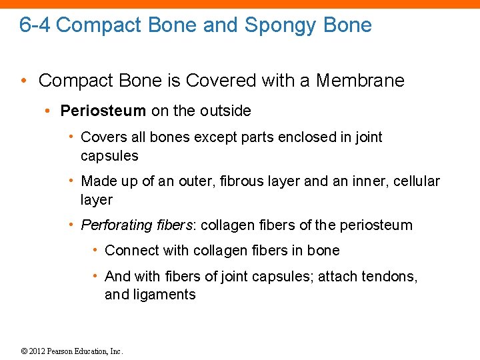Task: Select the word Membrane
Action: pyautogui.click(x=360, y=81)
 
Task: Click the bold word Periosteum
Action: pyautogui.click(x=103, y=111)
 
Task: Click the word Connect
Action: pyautogui.click(x=129, y=251)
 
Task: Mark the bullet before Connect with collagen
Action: pyautogui.click(x=96, y=251)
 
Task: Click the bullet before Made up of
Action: pyautogui.click(x=72, y=181)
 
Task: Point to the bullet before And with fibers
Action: pyautogui.click(x=96, y=276)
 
